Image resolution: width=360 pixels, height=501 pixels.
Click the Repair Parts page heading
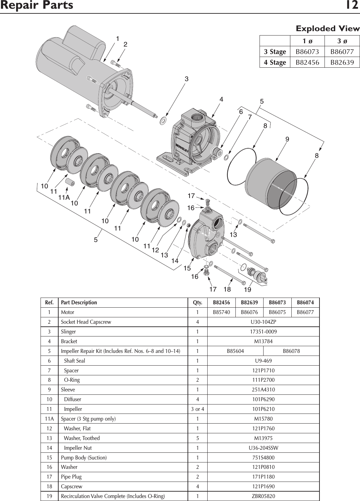37,6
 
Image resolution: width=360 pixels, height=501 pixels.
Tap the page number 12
352,6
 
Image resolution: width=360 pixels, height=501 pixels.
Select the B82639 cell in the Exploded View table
342,62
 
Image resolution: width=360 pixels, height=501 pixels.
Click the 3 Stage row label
275,52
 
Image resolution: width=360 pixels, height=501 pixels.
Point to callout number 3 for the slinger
187,79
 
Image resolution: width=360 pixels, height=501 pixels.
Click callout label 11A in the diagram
64,197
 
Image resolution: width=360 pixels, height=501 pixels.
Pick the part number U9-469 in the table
263,361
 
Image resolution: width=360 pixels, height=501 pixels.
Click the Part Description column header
79,303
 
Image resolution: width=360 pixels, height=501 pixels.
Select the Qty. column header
197,303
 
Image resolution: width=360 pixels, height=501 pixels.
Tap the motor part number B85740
221,312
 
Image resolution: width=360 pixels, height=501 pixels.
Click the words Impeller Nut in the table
78,448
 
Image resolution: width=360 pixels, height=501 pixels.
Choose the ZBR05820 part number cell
263,496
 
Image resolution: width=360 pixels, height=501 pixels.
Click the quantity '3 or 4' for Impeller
197,409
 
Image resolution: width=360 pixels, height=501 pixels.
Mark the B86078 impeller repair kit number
291,351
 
